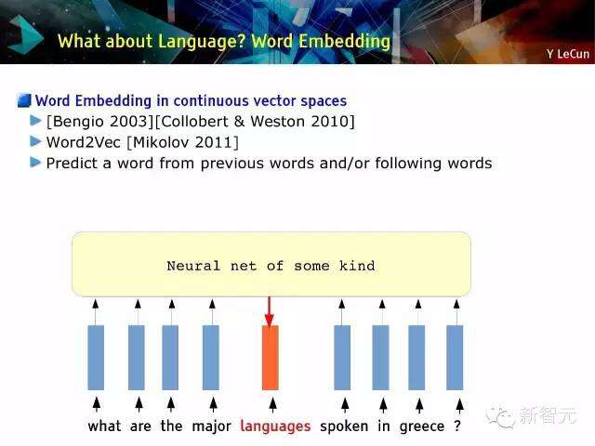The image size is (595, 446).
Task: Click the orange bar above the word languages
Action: (x=271, y=357)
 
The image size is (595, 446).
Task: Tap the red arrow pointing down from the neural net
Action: (x=270, y=311)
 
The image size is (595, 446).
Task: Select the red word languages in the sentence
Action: (x=275, y=426)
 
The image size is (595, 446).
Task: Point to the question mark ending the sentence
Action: (x=457, y=426)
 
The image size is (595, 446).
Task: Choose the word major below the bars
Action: (x=211, y=426)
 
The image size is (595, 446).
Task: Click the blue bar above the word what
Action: (x=96, y=357)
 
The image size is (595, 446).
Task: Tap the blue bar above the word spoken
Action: (x=342, y=357)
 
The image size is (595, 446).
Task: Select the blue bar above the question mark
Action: (x=455, y=357)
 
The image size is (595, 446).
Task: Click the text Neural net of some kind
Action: (x=271, y=266)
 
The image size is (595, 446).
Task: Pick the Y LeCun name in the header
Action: (x=568, y=54)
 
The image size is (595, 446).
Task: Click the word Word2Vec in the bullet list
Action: (x=83, y=142)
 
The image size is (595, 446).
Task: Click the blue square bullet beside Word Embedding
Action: (x=24, y=100)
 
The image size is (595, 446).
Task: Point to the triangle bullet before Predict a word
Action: (x=35, y=163)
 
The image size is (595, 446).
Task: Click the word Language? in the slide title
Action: (x=202, y=41)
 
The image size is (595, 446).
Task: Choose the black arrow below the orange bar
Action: (x=272, y=405)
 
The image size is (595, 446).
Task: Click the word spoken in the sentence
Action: (x=344, y=426)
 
